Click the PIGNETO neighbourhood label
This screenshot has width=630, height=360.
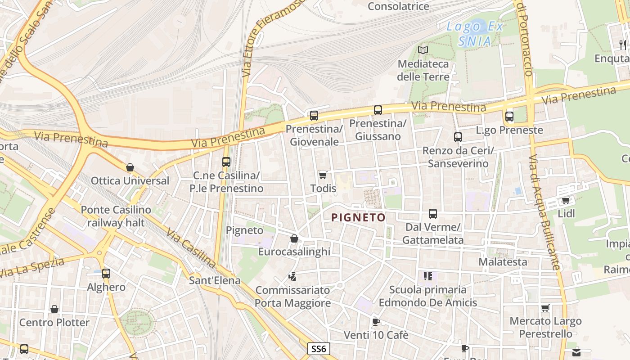[x=358, y=218]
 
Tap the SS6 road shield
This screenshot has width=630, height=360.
[x=319, y=348]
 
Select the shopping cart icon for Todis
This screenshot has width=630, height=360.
[x=323, y=175]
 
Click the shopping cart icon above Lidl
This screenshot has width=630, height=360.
[x=566, y=200]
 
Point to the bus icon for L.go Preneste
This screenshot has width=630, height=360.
[x=509, y=116]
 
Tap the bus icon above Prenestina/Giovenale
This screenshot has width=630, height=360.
[x=314, y=115]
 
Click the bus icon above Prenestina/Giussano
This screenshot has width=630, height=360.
[x=378, y=110]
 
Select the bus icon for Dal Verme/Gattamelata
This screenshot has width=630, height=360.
[x=433, y=213]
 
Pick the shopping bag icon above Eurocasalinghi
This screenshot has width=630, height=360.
[x=294, y=238]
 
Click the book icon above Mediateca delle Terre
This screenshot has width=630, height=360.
[x=423, y=50]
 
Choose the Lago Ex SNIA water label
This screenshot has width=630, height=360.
[x=474, y=34]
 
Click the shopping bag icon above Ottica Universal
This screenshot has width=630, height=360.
[x=130, y=168]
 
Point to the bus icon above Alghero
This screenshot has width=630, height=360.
[x=106, y=273]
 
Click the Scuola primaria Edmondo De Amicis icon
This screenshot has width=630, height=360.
[x=427, y=276]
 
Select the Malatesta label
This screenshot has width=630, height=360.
[x=503, y=261]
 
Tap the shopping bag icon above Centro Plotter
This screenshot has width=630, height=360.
[x=54, y=309]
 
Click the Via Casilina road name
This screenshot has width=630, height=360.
[x=191, y=247]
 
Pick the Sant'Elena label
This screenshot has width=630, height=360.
[x=215, y=280]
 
